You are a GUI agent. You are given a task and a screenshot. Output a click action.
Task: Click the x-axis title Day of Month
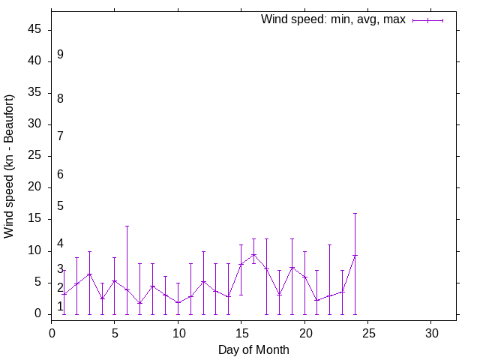point(253,349)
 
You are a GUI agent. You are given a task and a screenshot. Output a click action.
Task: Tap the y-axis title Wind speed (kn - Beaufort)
point(10,166)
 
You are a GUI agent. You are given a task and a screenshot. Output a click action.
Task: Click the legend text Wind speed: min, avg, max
point(333,19)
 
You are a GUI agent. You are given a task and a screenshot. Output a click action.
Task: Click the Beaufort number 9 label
point(60,55)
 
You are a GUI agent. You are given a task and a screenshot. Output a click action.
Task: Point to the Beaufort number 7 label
point(60,136)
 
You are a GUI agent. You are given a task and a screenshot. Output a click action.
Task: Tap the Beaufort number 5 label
point(60,206)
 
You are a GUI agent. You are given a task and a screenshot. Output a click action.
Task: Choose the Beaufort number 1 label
point(60,306)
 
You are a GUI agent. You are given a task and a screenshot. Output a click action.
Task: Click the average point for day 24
point(355,256)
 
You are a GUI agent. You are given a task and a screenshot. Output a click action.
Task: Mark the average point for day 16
point(254,254)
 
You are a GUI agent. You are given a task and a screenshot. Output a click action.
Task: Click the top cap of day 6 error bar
point(127,226)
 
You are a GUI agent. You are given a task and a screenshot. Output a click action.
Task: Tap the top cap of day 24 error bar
point(355,213)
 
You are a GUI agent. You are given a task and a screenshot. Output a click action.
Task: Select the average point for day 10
point(178,302)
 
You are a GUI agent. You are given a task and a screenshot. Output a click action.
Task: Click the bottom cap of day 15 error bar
point(241,295)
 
